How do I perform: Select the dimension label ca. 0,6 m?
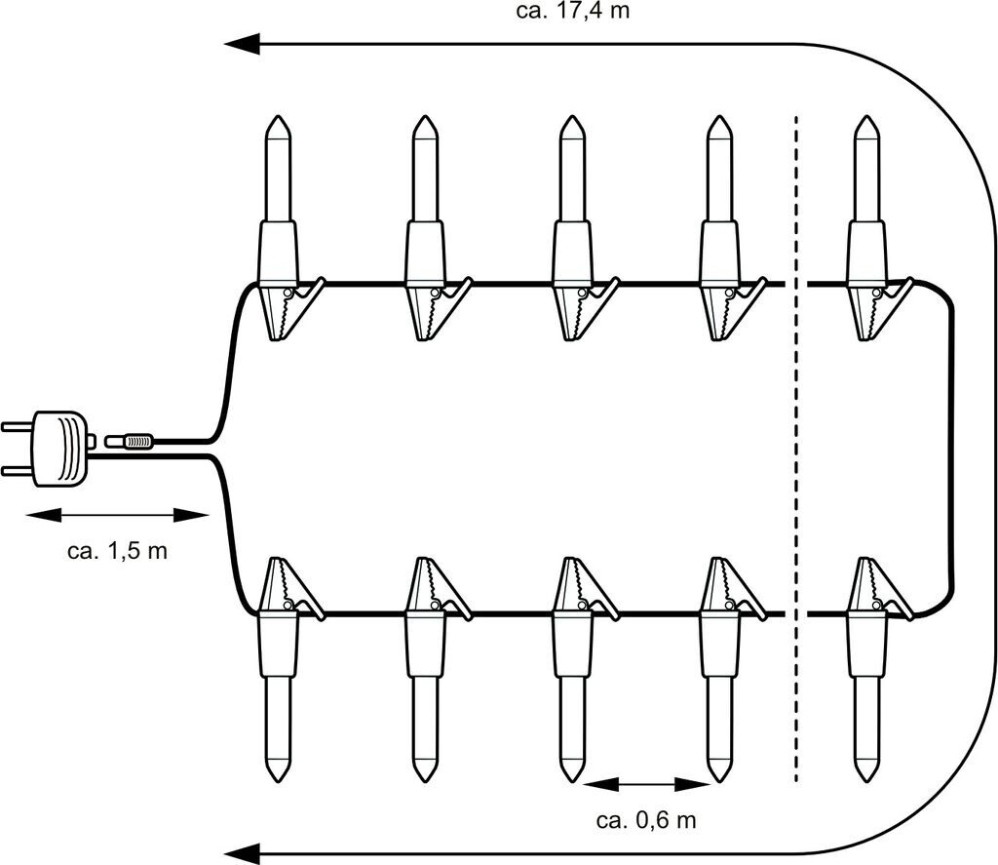[646, 819]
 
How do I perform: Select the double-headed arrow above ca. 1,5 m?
[118, 515]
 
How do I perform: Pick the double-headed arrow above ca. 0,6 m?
[647, 783]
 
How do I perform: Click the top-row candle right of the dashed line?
[866, 195]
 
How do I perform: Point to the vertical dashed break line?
[796, 449]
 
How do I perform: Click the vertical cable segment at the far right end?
[949, 449]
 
